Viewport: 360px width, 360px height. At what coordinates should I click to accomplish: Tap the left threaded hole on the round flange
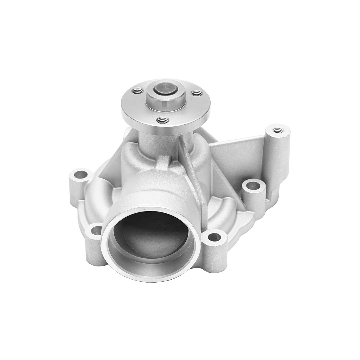pyautogui.click(x=137, y=90)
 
